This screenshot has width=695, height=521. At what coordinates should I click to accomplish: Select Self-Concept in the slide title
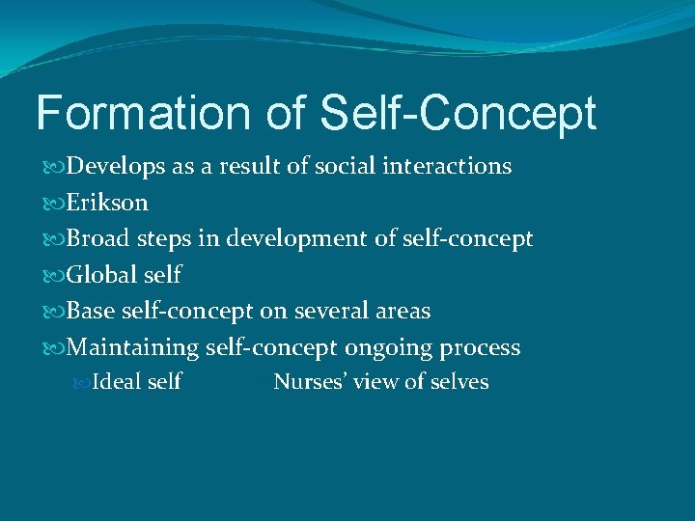coord(458,113)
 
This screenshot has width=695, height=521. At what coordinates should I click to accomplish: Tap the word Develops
coord(118,166)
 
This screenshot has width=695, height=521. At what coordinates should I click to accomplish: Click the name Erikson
coord(107,203)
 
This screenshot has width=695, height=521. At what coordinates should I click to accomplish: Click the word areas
coord(404,311)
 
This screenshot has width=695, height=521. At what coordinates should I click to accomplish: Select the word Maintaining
coord(133,347)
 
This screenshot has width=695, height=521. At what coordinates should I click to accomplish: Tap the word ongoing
coord(391,347)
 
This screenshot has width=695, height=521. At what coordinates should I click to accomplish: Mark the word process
coord(483,347)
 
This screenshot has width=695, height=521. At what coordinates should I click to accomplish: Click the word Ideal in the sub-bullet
coord(116,382)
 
